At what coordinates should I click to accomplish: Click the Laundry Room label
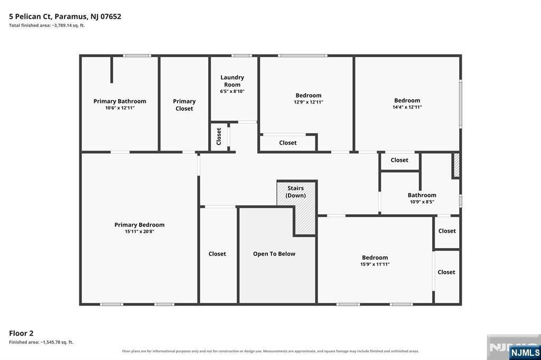tap(232, 81)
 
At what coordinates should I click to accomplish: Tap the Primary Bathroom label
tap(120, 101)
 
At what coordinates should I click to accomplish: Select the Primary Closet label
tap(184, 105)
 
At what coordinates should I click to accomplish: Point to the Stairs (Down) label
tap(296, 192)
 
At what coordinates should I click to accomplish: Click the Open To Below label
tap(274, 254)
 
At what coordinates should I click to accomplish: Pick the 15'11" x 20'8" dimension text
tap(139, 231)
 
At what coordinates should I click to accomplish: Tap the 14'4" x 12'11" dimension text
tap(407, 107)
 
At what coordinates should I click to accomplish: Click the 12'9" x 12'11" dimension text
tap(309, 102)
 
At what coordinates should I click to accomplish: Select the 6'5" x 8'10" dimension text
tap(232, 91)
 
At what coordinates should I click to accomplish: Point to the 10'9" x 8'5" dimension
tap(422, 202)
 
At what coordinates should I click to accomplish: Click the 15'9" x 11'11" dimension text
tap(375, 264)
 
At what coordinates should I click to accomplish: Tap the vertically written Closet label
tap(219, 136)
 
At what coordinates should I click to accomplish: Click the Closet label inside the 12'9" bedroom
tap(288, 143)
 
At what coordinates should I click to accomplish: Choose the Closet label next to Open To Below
tap(217, 254)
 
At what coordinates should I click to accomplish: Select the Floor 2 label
tap(21, 333)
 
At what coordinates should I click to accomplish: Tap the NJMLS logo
tap(525, 352)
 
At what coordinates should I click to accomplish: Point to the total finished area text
tap(47, 25)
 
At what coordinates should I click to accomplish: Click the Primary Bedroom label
tap(139, 225)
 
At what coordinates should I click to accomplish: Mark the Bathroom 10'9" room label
tap(422, 195)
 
